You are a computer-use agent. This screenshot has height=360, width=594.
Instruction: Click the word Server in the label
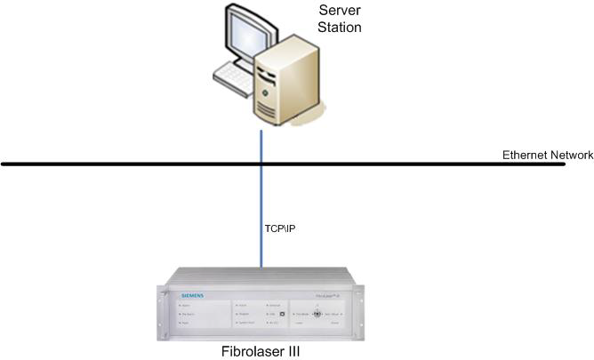[x=340, y=11]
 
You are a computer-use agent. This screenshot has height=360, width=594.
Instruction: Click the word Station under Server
[x=340, y=27]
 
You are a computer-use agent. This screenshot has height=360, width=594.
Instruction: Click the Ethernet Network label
[x=547, y=155]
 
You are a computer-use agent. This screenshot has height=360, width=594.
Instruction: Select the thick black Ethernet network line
[x=133, y=164]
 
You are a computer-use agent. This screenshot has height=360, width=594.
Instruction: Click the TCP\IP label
[x=279, y=228]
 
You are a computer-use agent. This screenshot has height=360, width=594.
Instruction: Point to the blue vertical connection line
[x=261, y=204]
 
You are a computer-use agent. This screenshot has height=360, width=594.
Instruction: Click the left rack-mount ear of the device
[x=164, y=311]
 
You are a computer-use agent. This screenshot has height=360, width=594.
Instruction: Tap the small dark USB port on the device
[x=281, y=314]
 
